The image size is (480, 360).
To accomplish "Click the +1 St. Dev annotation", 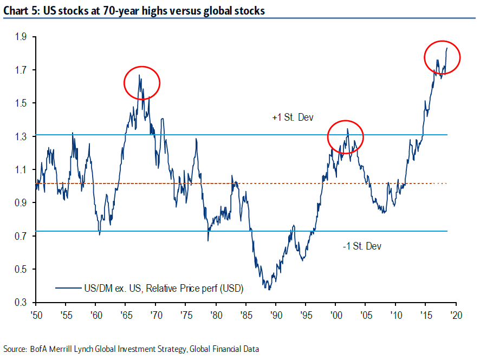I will tap(293, 117).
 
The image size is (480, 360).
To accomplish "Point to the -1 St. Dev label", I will tap(362, 246).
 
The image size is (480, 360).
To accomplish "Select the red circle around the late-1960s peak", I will tap(142, 82).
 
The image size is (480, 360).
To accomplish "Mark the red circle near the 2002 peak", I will tap(345, 138).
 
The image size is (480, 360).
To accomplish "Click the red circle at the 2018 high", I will tap(442, 57).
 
